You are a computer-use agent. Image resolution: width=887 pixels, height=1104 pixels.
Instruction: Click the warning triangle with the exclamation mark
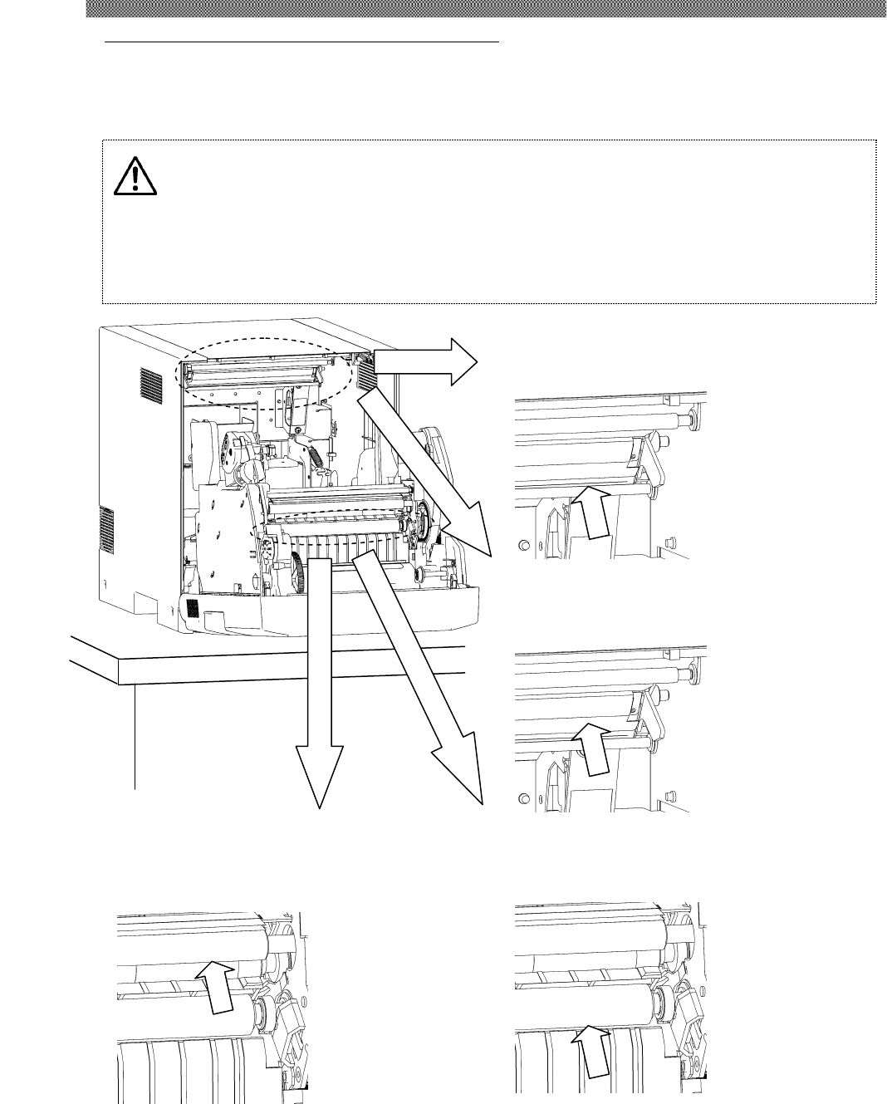[x=135, y=177]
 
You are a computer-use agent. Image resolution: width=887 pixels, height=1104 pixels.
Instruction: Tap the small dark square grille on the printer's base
[x=191, y=609]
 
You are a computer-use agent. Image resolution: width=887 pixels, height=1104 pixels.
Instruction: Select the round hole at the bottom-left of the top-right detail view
[x=523, y=545]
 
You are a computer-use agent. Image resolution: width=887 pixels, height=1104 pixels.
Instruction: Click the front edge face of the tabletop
[x=291, y=671]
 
